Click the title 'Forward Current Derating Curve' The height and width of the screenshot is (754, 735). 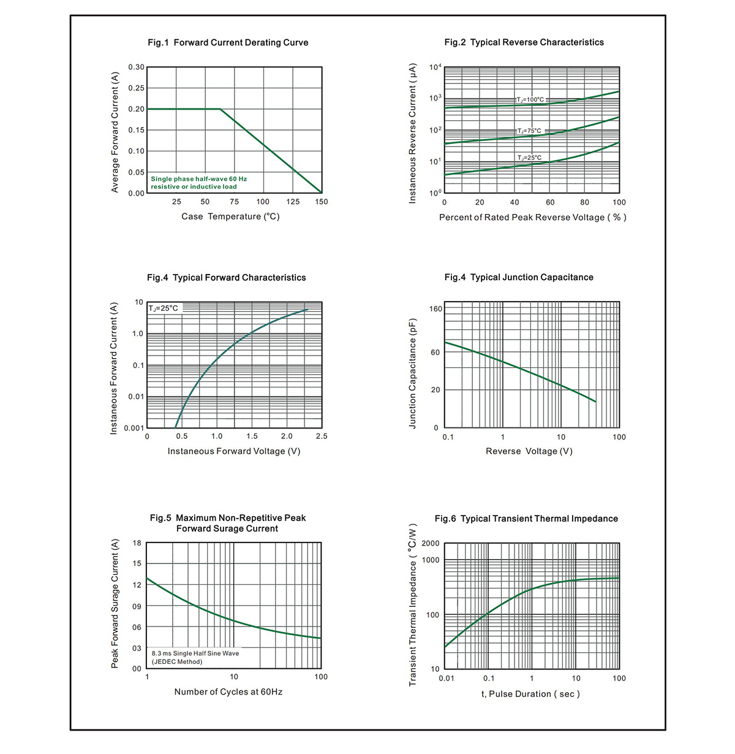point(241,43)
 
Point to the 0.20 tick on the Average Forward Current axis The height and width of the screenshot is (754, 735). point(136,109)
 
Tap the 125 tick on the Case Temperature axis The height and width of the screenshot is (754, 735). point(293,202)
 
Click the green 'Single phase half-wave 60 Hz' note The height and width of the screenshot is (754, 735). point(198,179)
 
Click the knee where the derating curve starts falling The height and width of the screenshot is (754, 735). point(221,109)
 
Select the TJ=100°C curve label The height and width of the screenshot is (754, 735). point(530,99)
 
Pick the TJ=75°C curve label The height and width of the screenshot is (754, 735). point(529,131)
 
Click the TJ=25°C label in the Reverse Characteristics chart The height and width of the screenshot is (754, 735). point(529,158)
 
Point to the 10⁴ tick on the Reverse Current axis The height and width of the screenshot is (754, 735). point(435,67)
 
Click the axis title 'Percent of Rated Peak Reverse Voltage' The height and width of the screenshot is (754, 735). point(533,218)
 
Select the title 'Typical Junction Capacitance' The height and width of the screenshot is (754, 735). point(532,278)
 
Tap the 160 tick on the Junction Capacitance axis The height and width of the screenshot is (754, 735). point(435,309)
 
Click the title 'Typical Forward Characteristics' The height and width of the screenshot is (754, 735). point(239,278)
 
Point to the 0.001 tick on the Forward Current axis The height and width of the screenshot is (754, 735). point(134,428)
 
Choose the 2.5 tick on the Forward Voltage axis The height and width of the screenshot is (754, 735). point(321,436)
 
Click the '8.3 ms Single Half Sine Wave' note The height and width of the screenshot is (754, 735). point(195,653)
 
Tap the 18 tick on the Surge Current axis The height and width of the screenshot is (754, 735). point(137,543)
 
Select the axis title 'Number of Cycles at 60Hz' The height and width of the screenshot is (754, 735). point(228,691)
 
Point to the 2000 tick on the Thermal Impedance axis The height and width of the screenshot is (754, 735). point(431,543)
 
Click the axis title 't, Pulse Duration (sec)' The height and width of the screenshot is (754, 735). point(530,694)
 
